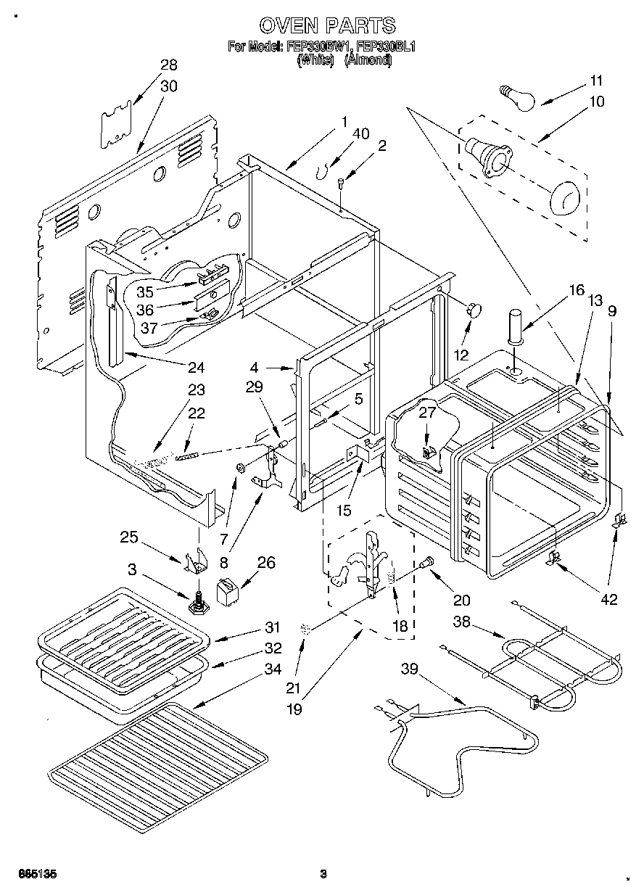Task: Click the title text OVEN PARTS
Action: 327,26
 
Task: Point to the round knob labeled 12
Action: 475,310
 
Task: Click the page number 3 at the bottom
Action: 323,873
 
